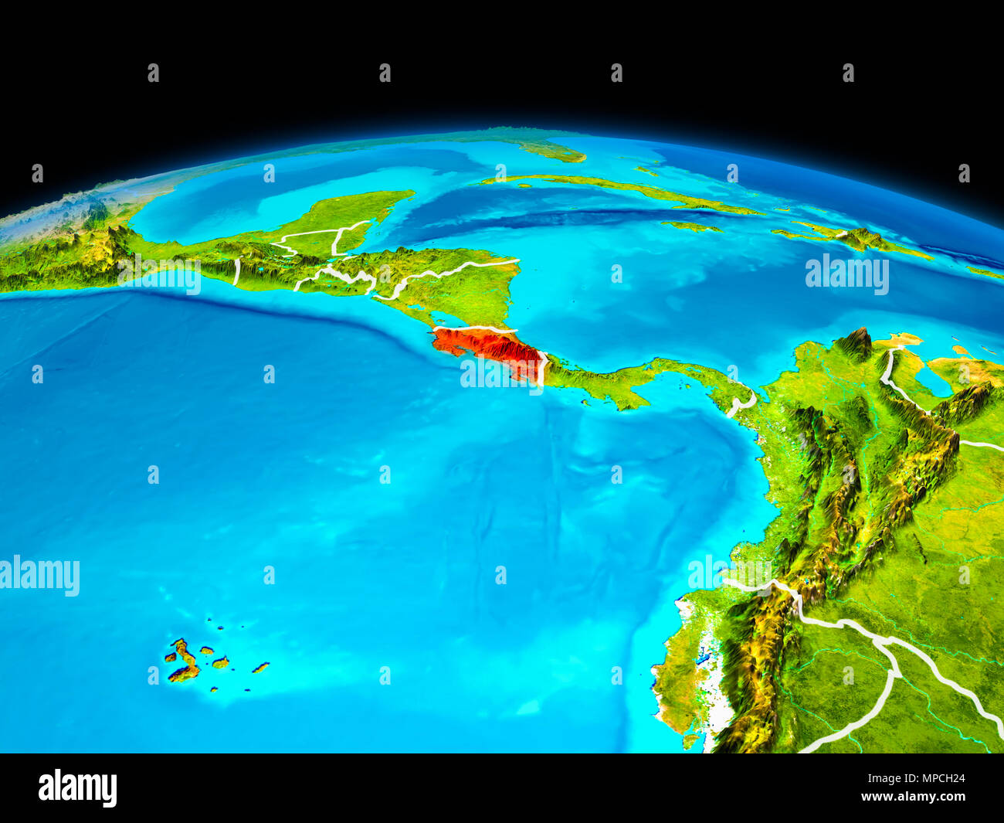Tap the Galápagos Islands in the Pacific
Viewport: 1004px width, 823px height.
coord(185,661)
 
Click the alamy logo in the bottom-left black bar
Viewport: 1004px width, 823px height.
coord(77,787)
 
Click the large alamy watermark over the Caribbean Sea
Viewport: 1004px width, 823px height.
coord(846,274)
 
